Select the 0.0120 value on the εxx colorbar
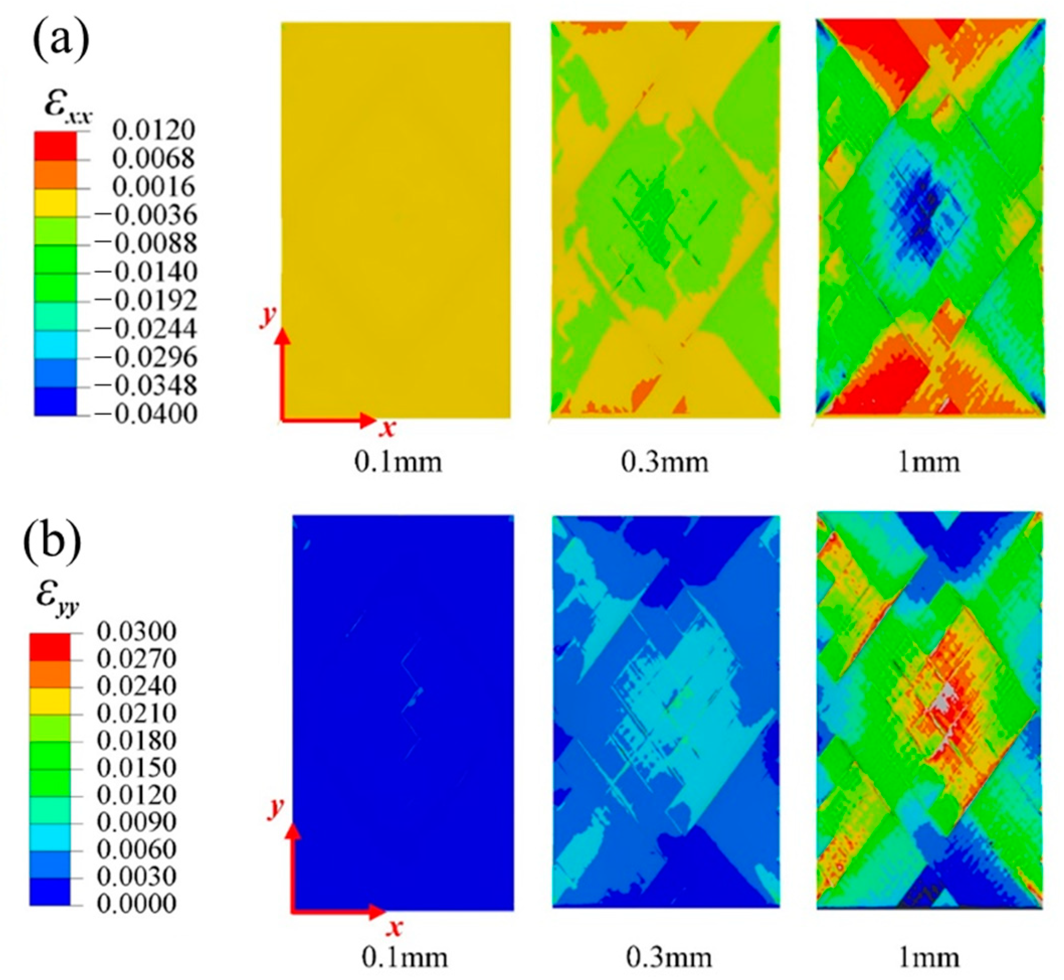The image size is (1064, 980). pyautogui.click(x=153, y=130)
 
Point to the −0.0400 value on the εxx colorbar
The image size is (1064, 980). pyautogui.click(x=145, y=414)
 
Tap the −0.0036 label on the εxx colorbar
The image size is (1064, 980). pyautogui.click(x=145, y=215)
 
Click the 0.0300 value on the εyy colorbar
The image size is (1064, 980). pyautogui.click(x=136, y=631)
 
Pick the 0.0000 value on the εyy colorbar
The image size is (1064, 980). pyautogui.click(x=136, y=903)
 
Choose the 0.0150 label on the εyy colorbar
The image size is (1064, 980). pyautogui.click(x=136, y=767)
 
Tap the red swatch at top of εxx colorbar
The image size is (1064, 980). pyautogui.click(x=55, y=145)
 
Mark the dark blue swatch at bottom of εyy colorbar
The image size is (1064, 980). pyautogui.click(x=49, y=891)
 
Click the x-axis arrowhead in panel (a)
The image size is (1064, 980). pyautogui.click(x=368, y=421)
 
